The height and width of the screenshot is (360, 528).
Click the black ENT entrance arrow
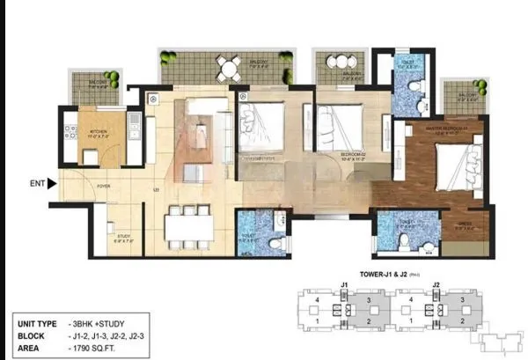click(x=51, y=184)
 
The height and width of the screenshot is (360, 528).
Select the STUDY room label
click(x=125, y=237)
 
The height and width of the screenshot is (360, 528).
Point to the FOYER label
click(x=103, y=187)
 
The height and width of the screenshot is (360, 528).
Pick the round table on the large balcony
click(x=228, y=67)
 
